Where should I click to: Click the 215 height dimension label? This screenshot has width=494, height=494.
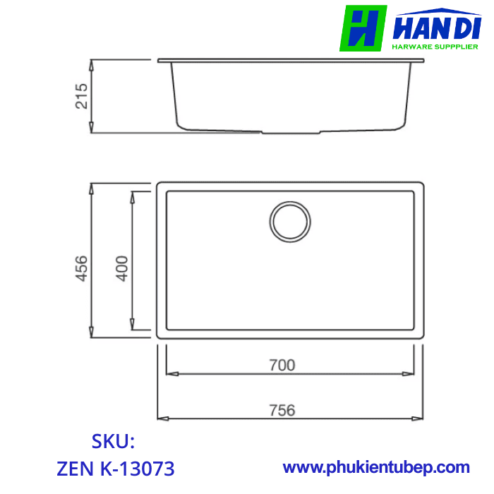(82, 96)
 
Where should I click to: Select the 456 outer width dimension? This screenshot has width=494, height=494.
(82, 268)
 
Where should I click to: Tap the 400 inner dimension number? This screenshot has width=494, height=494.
(122, 268)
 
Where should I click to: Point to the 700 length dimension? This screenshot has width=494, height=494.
(282, 365)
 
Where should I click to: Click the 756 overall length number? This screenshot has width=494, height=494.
(282, 410)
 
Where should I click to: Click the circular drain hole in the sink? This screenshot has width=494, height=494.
(289, 221)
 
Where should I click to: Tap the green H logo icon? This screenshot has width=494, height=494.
(363, 29)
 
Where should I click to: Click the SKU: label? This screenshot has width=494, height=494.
(113, 442)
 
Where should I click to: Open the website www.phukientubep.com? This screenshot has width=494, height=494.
(376, 467)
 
